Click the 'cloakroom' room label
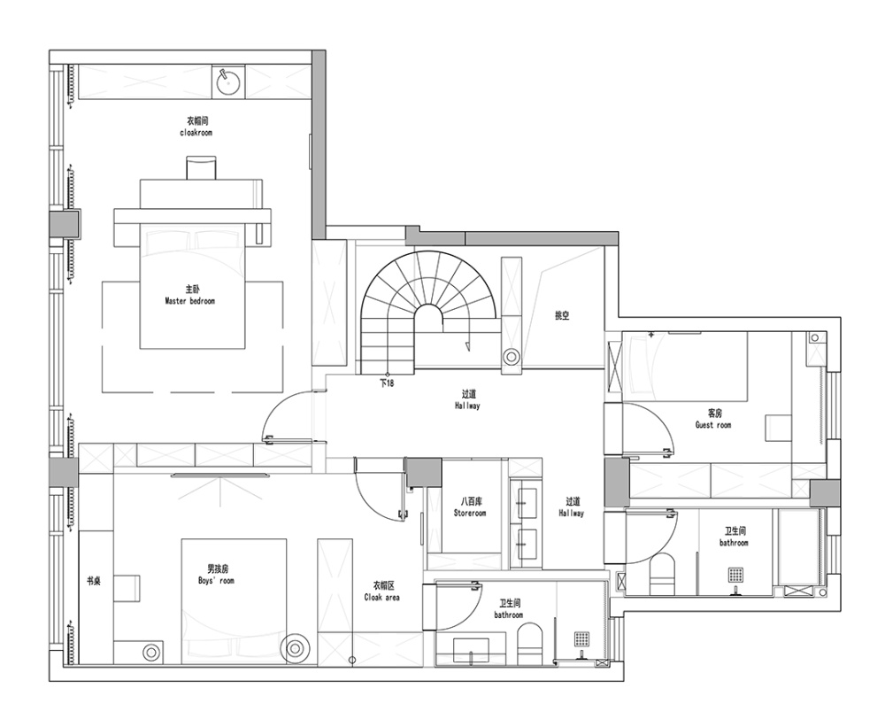point(196,133)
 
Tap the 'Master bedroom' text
point(189,301)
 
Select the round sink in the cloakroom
point(229,81)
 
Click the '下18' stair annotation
point(387,383)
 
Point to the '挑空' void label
point(562,316)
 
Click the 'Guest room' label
point(712,425)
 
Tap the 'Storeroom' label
point(470,513)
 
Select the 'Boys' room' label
point(216,581)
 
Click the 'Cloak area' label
point(382,597)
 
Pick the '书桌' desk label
point(93,581)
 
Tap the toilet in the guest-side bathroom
point(663,574)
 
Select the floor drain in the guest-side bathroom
point(735,575)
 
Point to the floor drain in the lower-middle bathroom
point(582,638)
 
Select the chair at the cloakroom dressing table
point(202,168)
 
